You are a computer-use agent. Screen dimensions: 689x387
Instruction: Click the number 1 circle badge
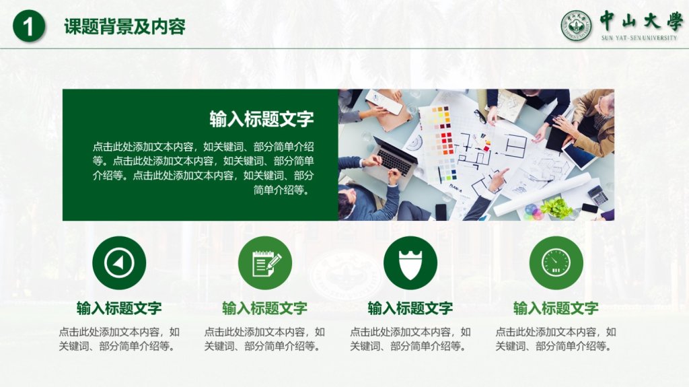point(29,26)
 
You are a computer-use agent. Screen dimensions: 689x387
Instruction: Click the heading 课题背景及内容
point(124,26)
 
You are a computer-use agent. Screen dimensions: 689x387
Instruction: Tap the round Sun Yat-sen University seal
point(576,26)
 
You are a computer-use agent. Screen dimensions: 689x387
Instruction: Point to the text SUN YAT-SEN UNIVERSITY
point(639,38)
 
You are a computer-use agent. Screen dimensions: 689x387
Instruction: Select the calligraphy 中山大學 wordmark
point(641,21)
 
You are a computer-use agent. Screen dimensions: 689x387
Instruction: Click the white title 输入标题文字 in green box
point(262,119)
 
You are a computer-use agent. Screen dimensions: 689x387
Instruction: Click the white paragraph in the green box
point(203,168)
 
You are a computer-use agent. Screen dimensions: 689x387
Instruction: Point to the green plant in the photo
point(556,207)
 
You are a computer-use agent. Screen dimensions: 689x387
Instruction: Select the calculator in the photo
point(598,195)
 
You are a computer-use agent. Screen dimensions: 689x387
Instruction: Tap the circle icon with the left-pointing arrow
point(119,263)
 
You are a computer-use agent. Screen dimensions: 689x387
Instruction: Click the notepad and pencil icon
point(265,263)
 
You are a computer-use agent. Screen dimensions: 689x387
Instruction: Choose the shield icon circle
point(410,263)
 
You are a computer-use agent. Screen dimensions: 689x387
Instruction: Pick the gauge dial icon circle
point(556,263)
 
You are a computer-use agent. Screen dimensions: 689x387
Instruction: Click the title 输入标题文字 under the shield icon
point(410,308)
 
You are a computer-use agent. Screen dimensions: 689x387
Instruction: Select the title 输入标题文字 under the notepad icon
point(265,308)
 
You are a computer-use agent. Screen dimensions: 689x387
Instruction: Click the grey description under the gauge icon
point(556,339)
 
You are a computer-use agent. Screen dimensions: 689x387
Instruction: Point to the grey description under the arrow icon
point(119,339)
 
